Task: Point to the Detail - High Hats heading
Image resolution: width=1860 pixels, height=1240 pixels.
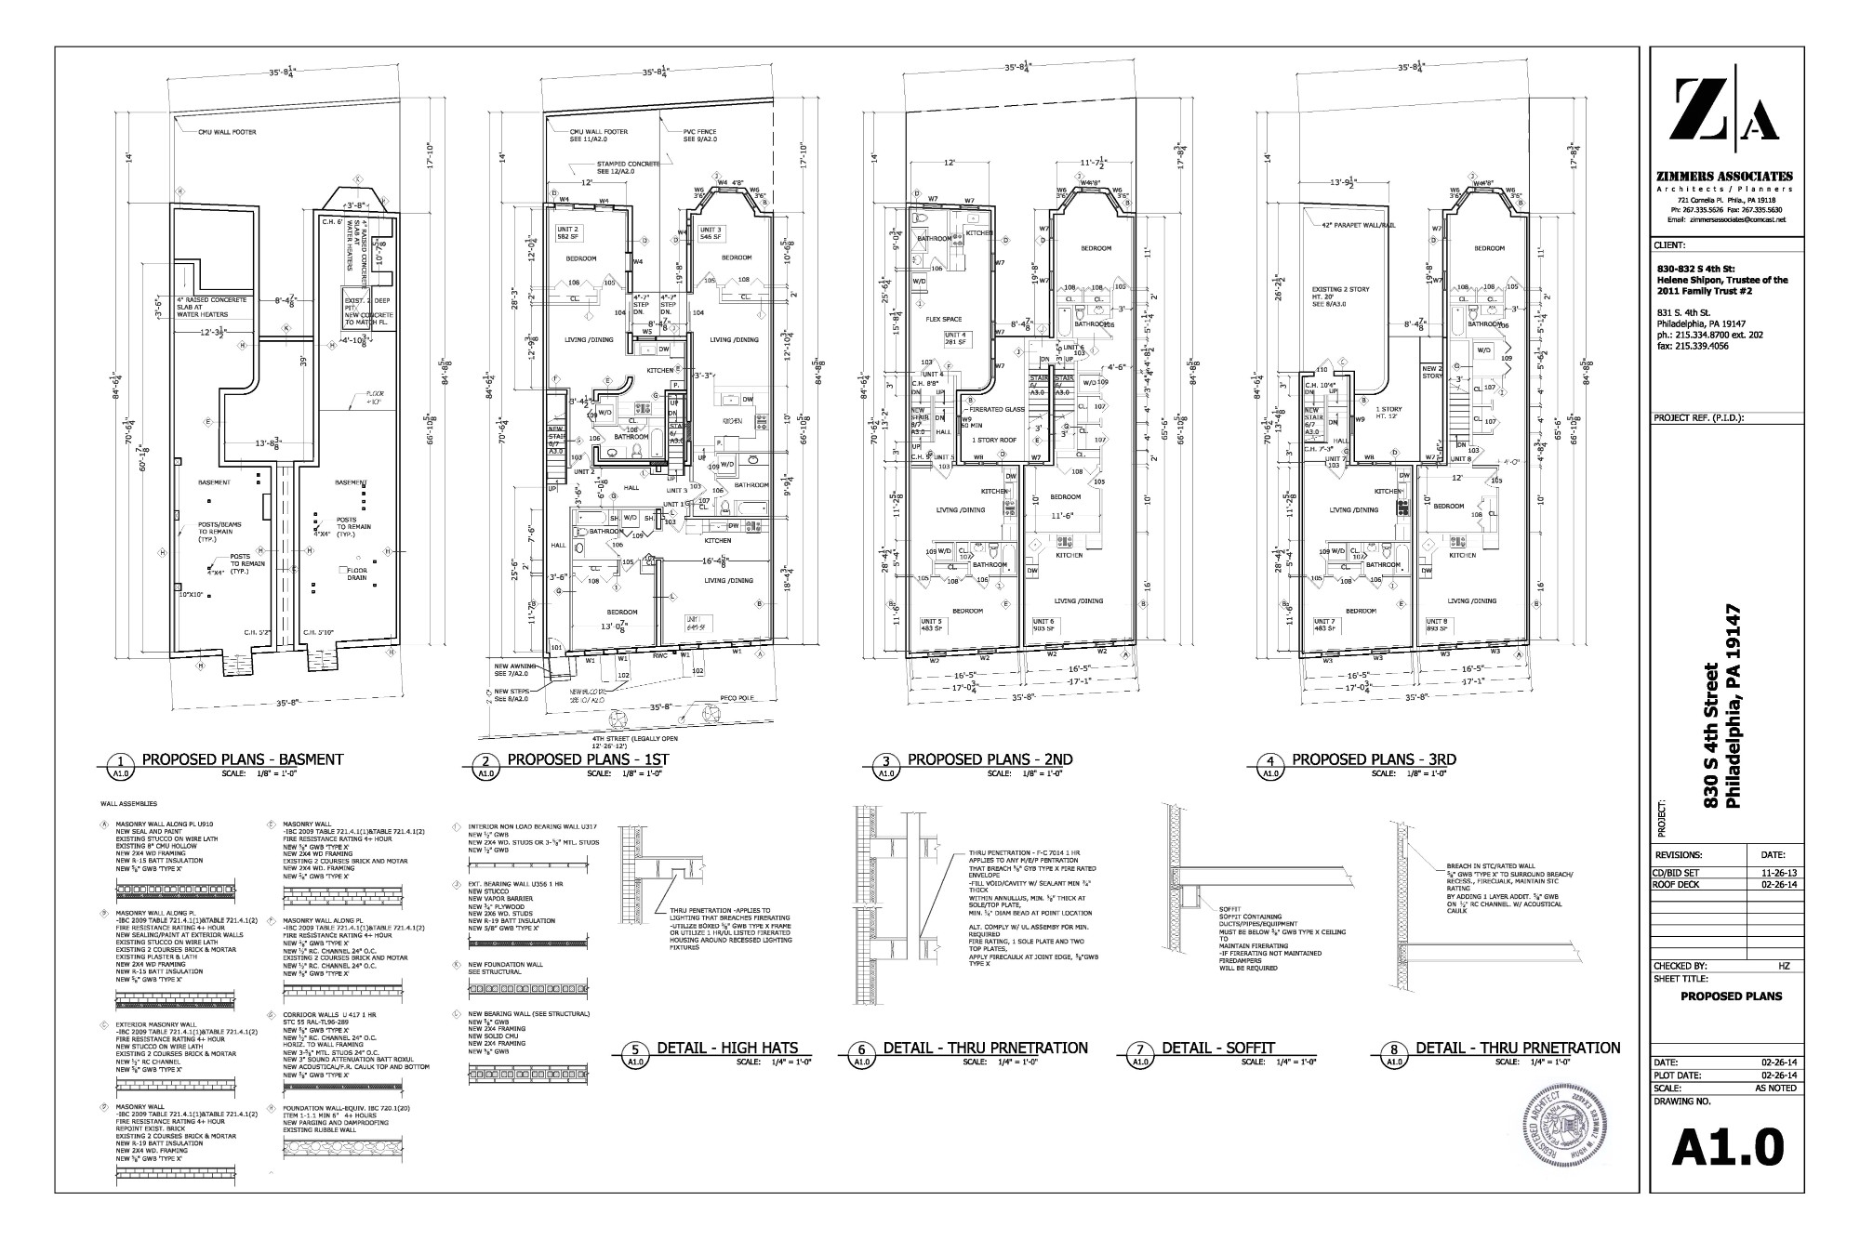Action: tap(727, 1048)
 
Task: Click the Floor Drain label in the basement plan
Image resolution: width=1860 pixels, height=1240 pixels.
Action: tap(358, 573)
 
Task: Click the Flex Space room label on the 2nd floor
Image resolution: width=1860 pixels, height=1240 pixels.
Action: tap(944, 319)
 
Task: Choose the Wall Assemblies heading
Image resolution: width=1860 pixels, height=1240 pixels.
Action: tap(128, 803)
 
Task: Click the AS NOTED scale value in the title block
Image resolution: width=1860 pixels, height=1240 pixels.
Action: tap(1775, 1088)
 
